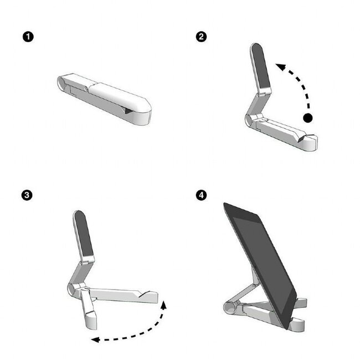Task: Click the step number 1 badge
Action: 27,37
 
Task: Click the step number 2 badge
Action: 202,37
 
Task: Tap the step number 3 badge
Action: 27,195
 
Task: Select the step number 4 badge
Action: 202,195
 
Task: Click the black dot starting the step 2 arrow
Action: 308,118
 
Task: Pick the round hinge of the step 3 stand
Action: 71,289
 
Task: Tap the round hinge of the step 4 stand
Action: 228,307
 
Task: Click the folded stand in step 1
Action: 105,96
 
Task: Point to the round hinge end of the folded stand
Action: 62,83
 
